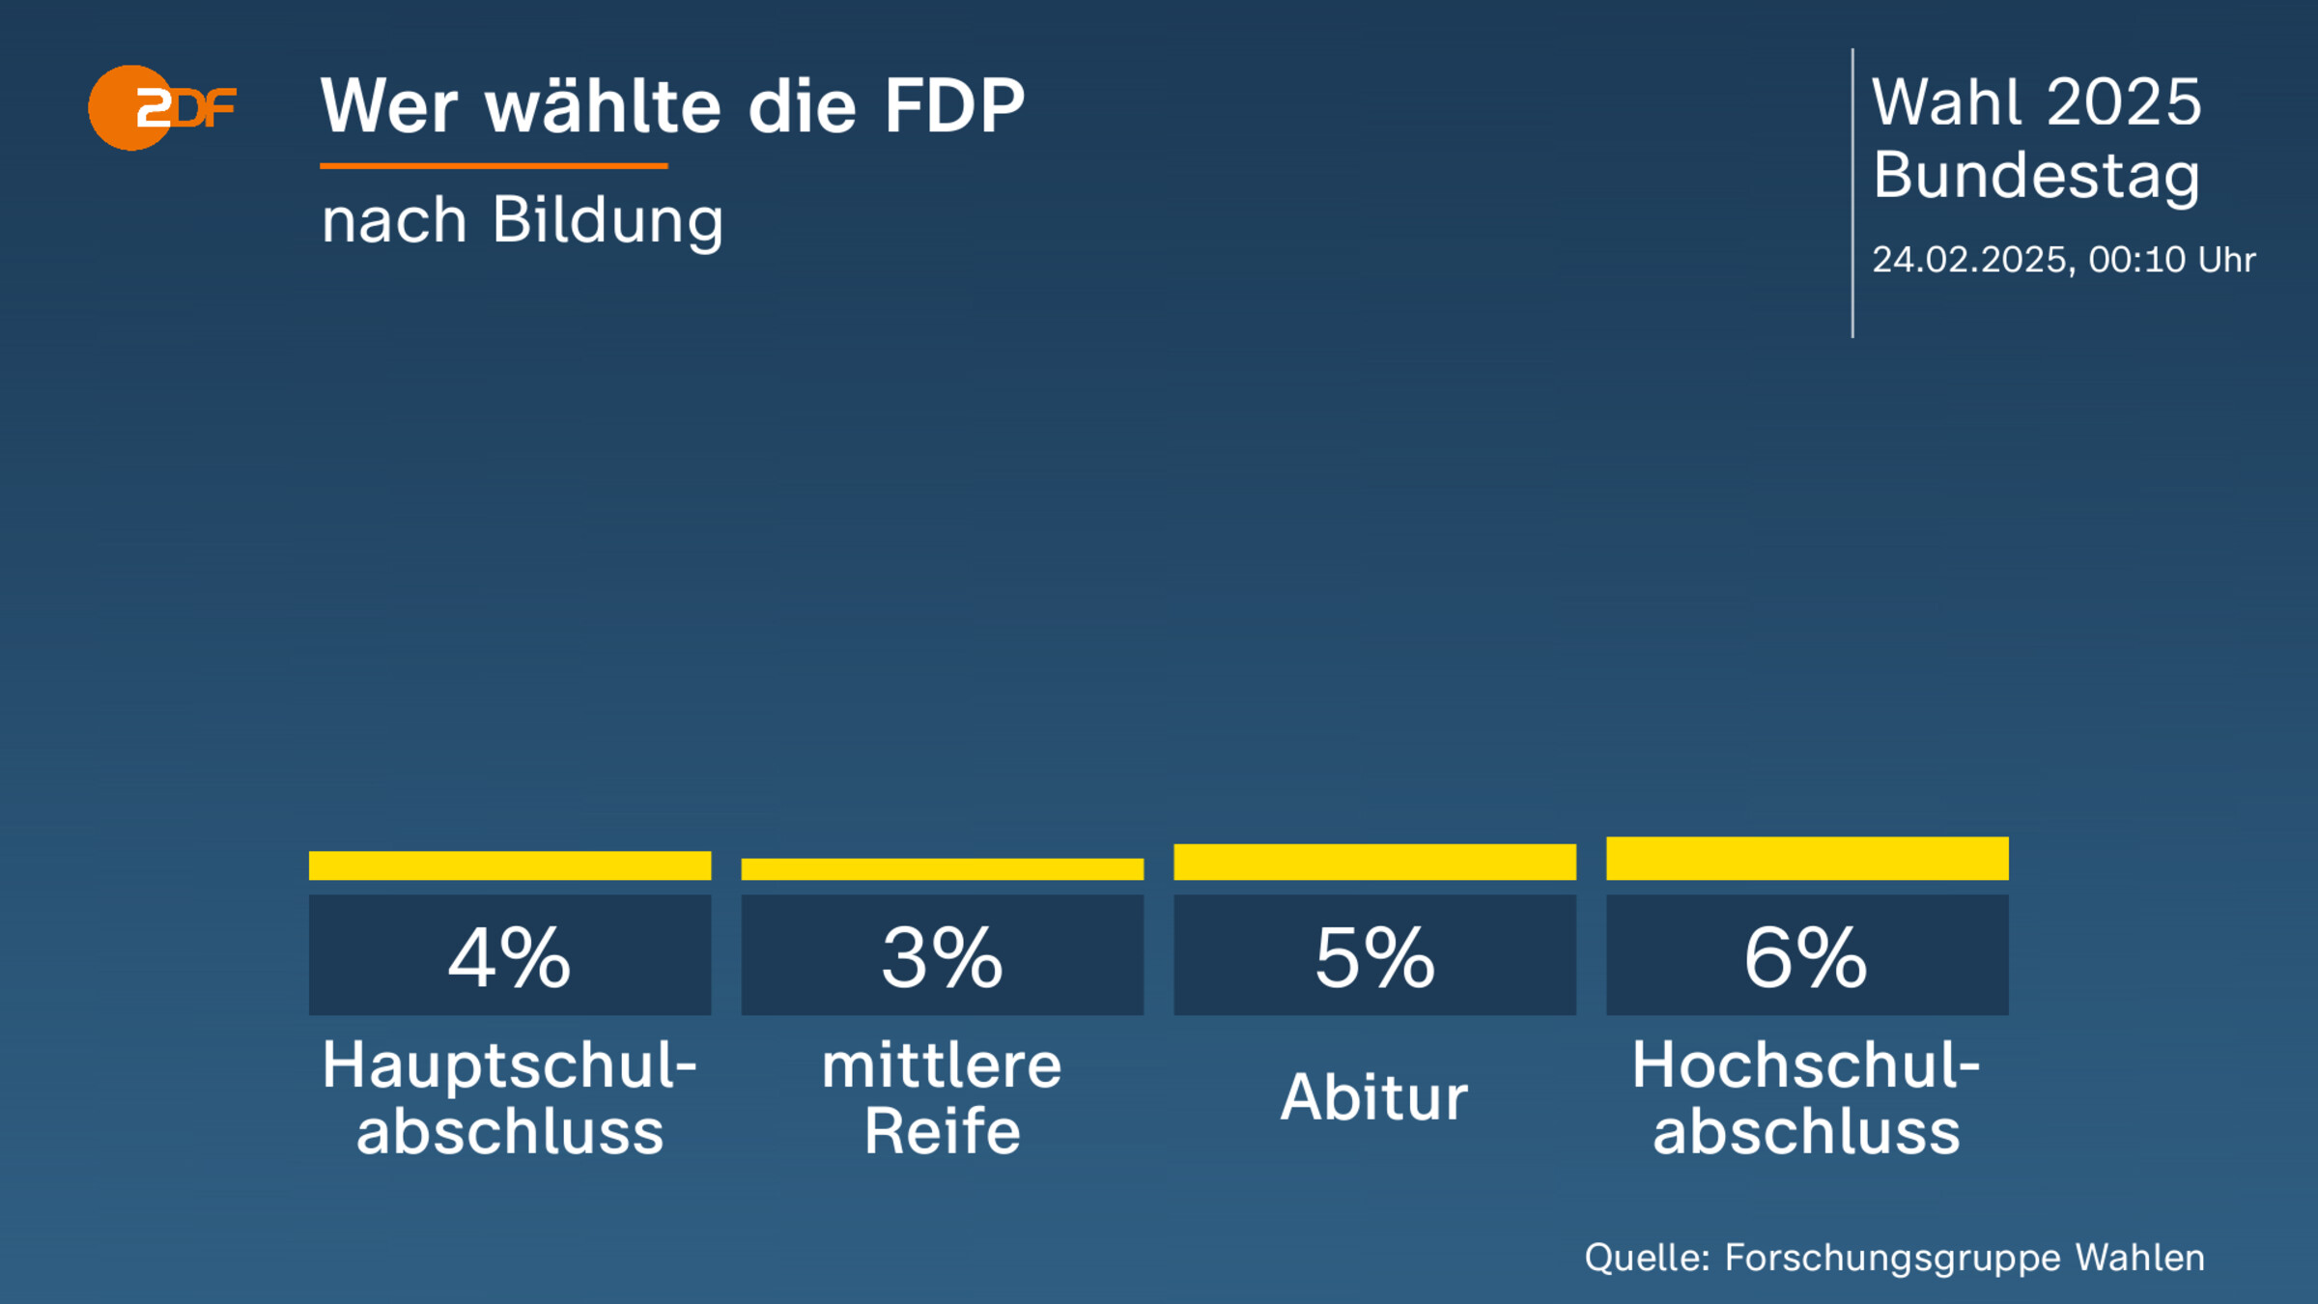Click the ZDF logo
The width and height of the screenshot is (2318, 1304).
click(x=161, y=107)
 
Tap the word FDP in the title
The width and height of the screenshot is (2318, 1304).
click(x=954, y=105)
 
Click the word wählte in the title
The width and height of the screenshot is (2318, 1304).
click(x=603, y=105)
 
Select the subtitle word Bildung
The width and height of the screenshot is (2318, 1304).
click(x=608, y=221)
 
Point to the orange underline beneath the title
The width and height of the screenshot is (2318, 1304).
click(x=494, y=166)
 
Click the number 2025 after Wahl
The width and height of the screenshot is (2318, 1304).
click(x=2123, y=102)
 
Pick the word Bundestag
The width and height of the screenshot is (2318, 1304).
click(x=2036, y=176)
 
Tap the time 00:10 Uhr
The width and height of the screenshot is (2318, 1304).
click(x=2172, y=260)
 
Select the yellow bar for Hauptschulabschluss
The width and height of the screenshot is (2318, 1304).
click(x=510, y=865)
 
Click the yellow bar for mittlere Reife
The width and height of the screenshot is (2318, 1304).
click(x=943, y=869)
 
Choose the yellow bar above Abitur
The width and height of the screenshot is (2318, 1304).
click(x=1374, y=862)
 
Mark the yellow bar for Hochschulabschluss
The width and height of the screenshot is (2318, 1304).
click(x=1807, y=859)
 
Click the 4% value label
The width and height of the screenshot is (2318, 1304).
click(x=510, y=956)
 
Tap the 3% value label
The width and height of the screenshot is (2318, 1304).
click(x=943, y=956)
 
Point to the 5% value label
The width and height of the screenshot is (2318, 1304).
click(x=1374, y=956)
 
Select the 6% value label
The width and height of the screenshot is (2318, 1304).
click(x=1807, y=956)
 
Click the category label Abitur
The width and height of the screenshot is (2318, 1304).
click(x=1374, y=1097)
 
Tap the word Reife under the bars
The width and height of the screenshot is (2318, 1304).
click(x=943, y=1131)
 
